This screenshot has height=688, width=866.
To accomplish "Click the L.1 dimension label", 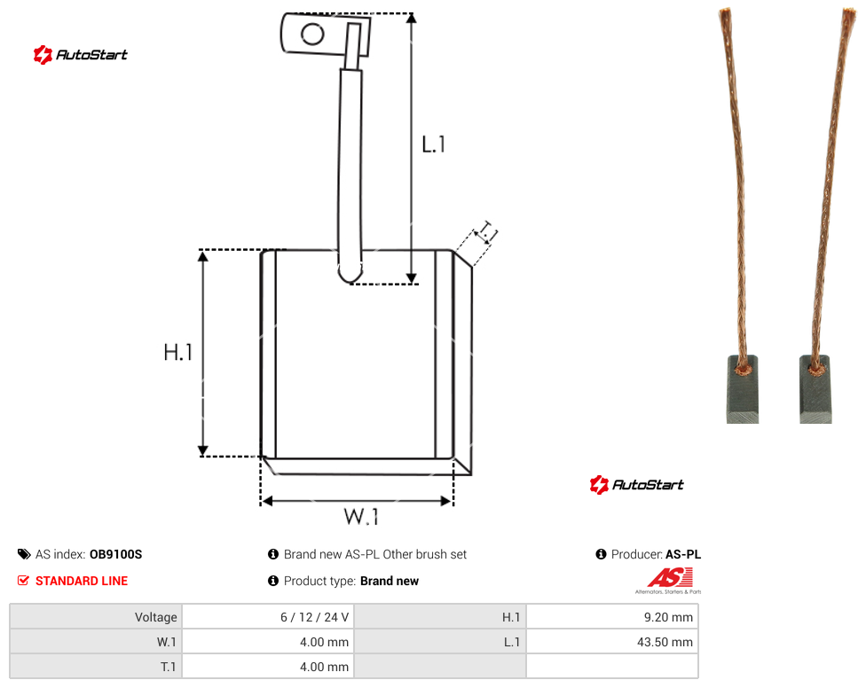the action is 434,145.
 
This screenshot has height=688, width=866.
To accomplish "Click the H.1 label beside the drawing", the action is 177,352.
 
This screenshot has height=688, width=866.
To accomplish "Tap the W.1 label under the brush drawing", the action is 361,517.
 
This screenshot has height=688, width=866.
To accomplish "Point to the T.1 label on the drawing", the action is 488,232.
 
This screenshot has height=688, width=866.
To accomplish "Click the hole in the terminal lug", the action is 312,35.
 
